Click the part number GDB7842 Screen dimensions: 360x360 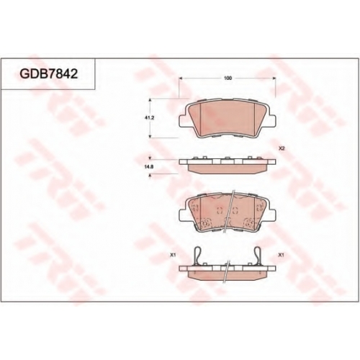[49, 73]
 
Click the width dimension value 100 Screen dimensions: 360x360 [228, 78]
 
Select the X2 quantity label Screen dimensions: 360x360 [282, 148]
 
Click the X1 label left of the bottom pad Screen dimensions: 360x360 [173, 256]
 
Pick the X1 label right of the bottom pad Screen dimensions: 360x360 [281, 256]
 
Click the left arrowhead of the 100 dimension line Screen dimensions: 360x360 [181, 78]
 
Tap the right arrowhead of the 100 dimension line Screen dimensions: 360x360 [274, 78]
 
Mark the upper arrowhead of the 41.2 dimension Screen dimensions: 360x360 [150, 100]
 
